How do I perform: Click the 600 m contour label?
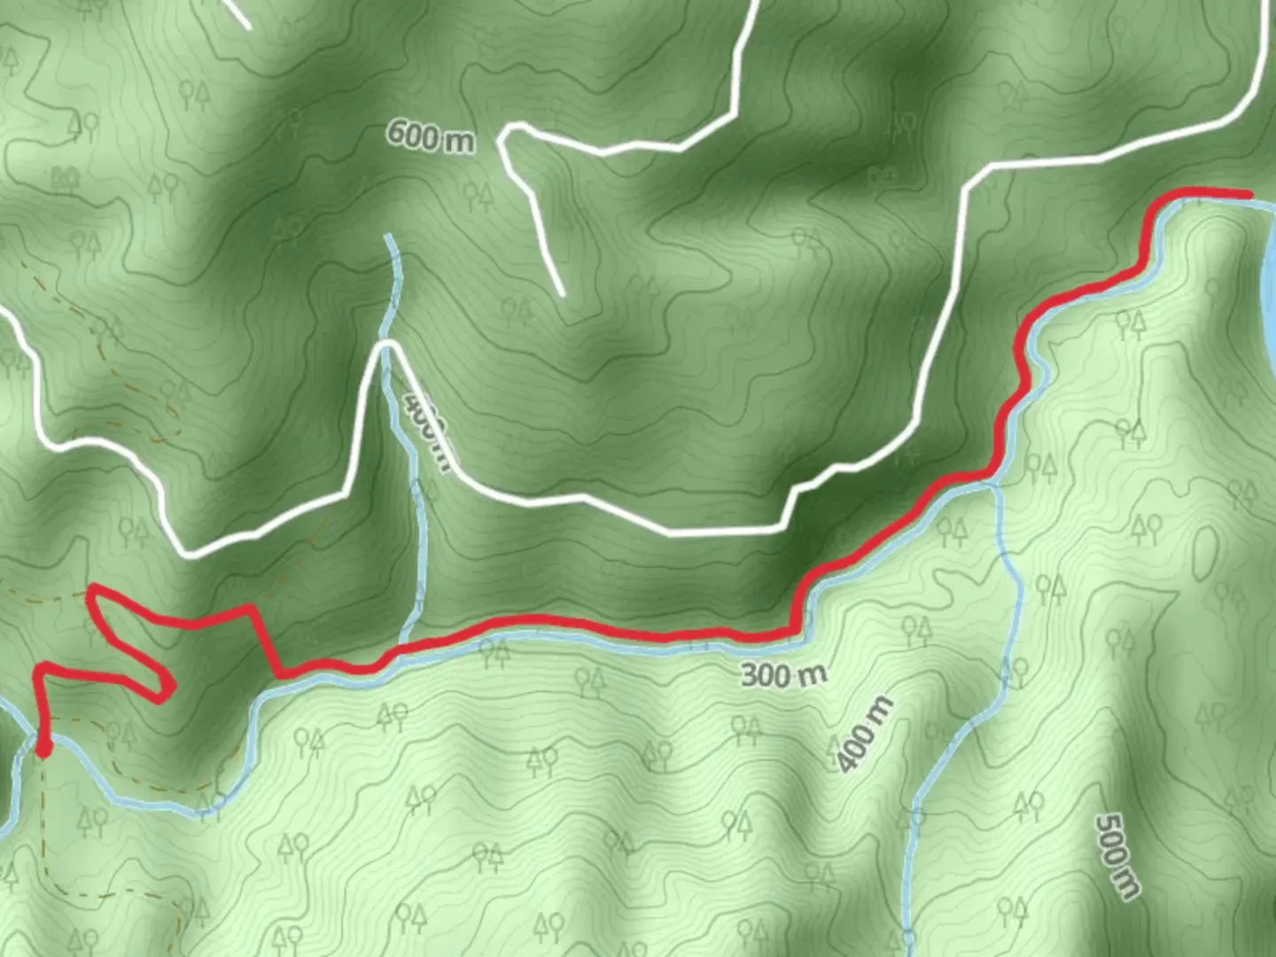430,136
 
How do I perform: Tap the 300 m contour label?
783,674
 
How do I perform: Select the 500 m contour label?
1116,856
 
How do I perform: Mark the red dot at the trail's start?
43,750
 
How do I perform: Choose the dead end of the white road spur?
561,292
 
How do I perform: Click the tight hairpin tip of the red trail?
167,689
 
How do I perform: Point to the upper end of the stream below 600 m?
388,237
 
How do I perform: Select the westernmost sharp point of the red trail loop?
91,590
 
